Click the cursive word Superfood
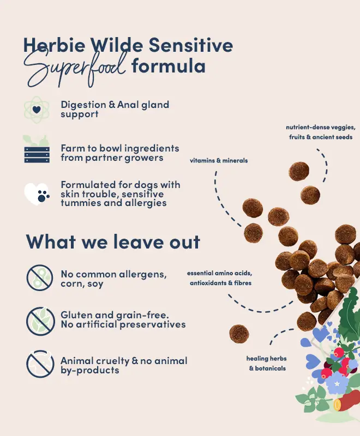pos(75,68)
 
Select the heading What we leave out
pos(113,241)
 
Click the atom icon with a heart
pos(37,110)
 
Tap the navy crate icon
pos(37,155)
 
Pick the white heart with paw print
pos(37,194)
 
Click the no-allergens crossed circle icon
pos(40,277)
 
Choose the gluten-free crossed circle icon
pos(40,320)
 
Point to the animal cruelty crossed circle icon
pos(40,364)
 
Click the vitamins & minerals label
pos(219,160)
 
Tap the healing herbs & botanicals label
pos(267,364)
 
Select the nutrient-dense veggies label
pos(321,132)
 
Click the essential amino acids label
pos(219,278)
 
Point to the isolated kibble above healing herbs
pos(239,334)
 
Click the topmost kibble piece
pos(299,172)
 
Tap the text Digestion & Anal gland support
pos(115,110)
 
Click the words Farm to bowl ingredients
pos(120,148)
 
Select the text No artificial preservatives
pos(123,324)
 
